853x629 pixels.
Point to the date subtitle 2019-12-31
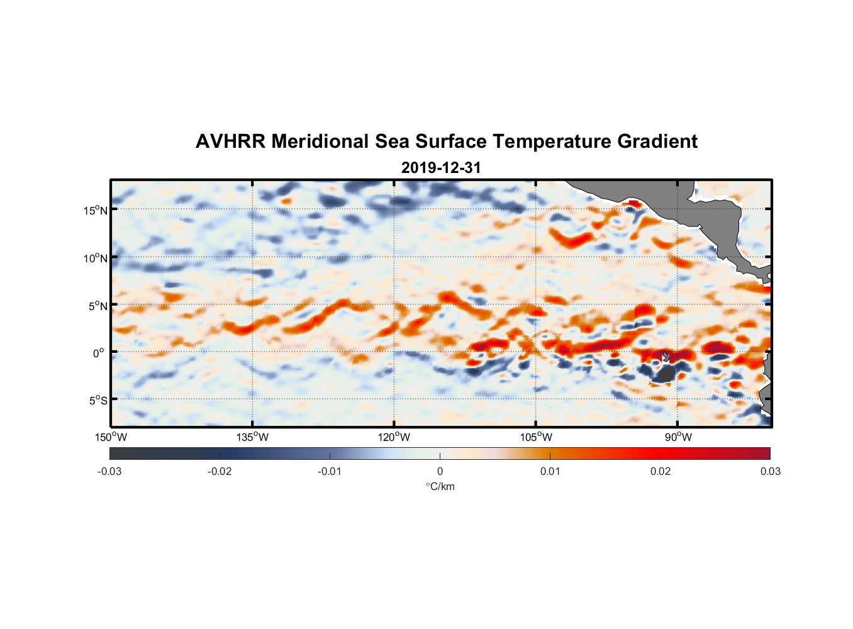click(440, 168)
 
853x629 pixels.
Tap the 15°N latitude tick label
click(96, 210)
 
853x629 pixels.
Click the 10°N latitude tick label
click(96, 258)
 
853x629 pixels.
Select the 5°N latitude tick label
click(98, 306)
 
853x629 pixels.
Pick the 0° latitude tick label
click(99, 353)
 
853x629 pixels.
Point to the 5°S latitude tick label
click(98, 400)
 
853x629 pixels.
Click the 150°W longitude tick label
click(111, 437)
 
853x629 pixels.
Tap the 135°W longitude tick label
click(253, 437)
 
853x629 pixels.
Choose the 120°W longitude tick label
click(394, 437)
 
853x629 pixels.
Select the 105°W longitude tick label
click(536, 437)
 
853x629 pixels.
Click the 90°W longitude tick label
click(678, 437)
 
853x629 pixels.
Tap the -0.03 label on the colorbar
click(109, 471)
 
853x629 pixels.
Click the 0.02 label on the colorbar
click(661, 471)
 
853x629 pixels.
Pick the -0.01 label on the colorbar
click(330, 471)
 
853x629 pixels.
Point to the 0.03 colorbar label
click(771, 471)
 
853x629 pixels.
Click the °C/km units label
click(440, 486)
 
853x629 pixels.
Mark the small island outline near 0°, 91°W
click(666, 357)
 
